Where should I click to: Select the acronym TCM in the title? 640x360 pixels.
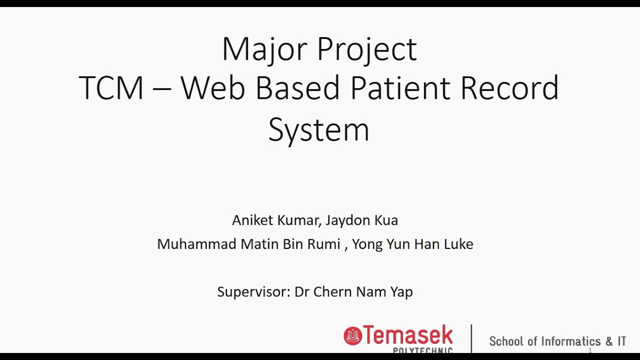click(111, 88)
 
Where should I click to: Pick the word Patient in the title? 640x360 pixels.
click(400, 88)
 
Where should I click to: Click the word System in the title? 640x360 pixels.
click(318, 130)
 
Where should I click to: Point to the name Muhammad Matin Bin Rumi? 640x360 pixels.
click(248, 244)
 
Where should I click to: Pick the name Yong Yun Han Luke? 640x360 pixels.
click(412, 244)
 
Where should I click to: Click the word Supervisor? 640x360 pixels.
click(253, 291)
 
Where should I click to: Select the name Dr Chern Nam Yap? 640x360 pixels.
click(353, 291)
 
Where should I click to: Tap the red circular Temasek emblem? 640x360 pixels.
click(352, 335)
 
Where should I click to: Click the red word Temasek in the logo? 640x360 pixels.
click(408, 335)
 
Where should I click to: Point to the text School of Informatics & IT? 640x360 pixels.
click(557, 341)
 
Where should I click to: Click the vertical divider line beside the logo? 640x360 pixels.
click(471, 339)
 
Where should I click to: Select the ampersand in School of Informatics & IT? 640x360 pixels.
click(608, 341)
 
